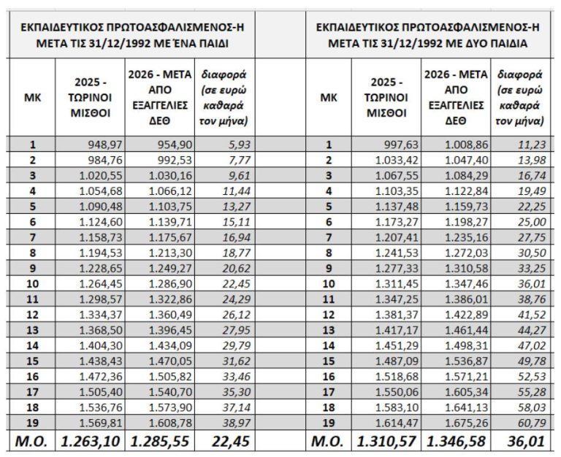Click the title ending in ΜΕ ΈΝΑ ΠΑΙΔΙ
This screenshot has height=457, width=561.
(x=133, y=35)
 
